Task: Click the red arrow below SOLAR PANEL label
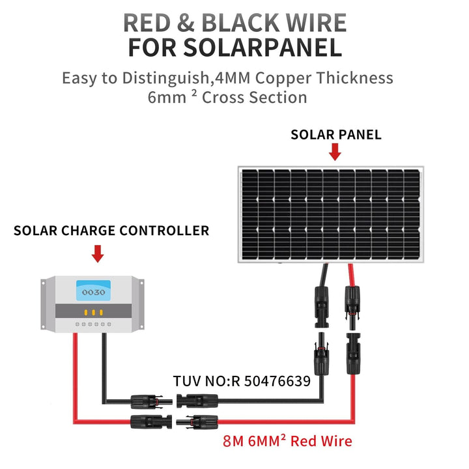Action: click(x=335, y=152)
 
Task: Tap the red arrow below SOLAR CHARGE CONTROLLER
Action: click(x=98, y=253)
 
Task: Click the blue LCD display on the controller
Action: click(x=93, y=291)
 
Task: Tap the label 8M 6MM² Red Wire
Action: click(x=287, y=441)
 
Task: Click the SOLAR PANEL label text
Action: click(x=335, y=135)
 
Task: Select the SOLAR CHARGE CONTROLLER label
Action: click(x=111, y=231)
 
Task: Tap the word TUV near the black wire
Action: click(x=186, y=381)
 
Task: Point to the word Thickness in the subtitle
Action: click(x=356, y=78)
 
